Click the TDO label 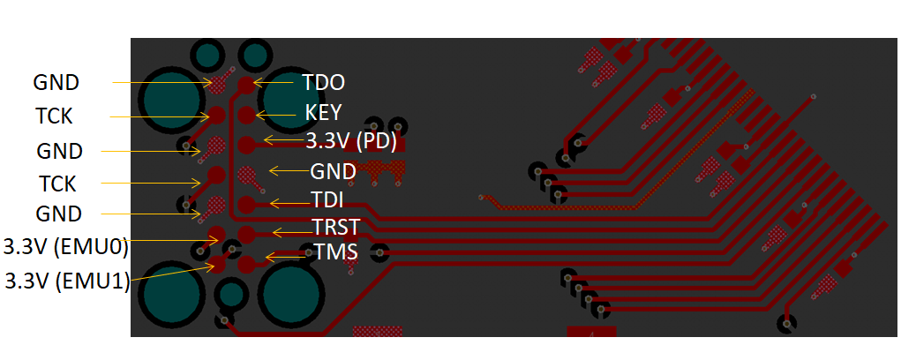pyautogui.click(x=323, y=83)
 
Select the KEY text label pyautogui.click(x=323, y=113)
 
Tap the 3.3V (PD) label pyautogui.click(x=351, y=141)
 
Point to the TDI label pyautogui.click(x=327, y=199)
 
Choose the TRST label pyautogui.click(x=335, y=228)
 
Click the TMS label pyautogui.click(x=335, y=252)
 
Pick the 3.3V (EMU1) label pyautogui.click(x=67, y=281)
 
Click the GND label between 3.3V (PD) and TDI pyautogui.click(x=333, y=171)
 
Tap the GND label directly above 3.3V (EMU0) pyautogui.click(x=59, y=214)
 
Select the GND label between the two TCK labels pyautogui.click(x=60, y=151)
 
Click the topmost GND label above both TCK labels pyautogui.click(x=56, y=83)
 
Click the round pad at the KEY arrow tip pyautogui.click(x=246, y=114)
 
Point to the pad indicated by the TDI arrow pyautogui.click(x=246, y=204)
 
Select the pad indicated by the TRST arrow pyautogui.click(x=246, y=234)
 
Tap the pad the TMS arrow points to pyautogui.click(x=246, y=262)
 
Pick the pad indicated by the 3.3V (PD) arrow pyautogui.click(x=246, y=143)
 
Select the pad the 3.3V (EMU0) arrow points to pyautogui.click(x=217, y=235)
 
